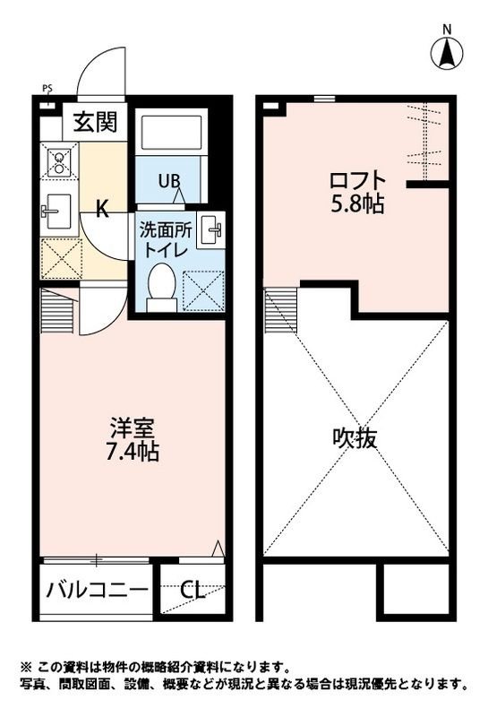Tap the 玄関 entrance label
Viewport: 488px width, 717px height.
click(x=94, y=122)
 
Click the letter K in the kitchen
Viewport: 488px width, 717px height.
click(x=102, y=211)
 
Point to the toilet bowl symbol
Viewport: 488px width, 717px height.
click(x=162, y=286)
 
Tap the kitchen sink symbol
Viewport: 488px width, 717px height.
click(x=59, y=212)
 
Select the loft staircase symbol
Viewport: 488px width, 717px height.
click(x=280, y=309)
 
